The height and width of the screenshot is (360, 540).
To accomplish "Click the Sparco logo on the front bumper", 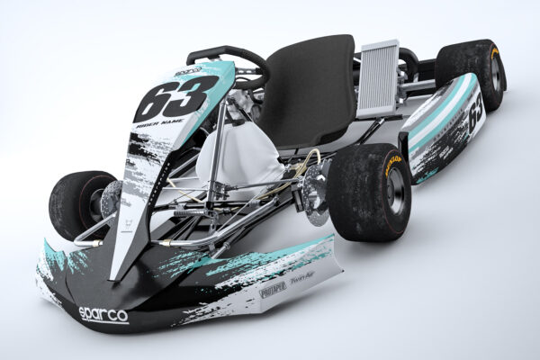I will [x=103, y=315].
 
